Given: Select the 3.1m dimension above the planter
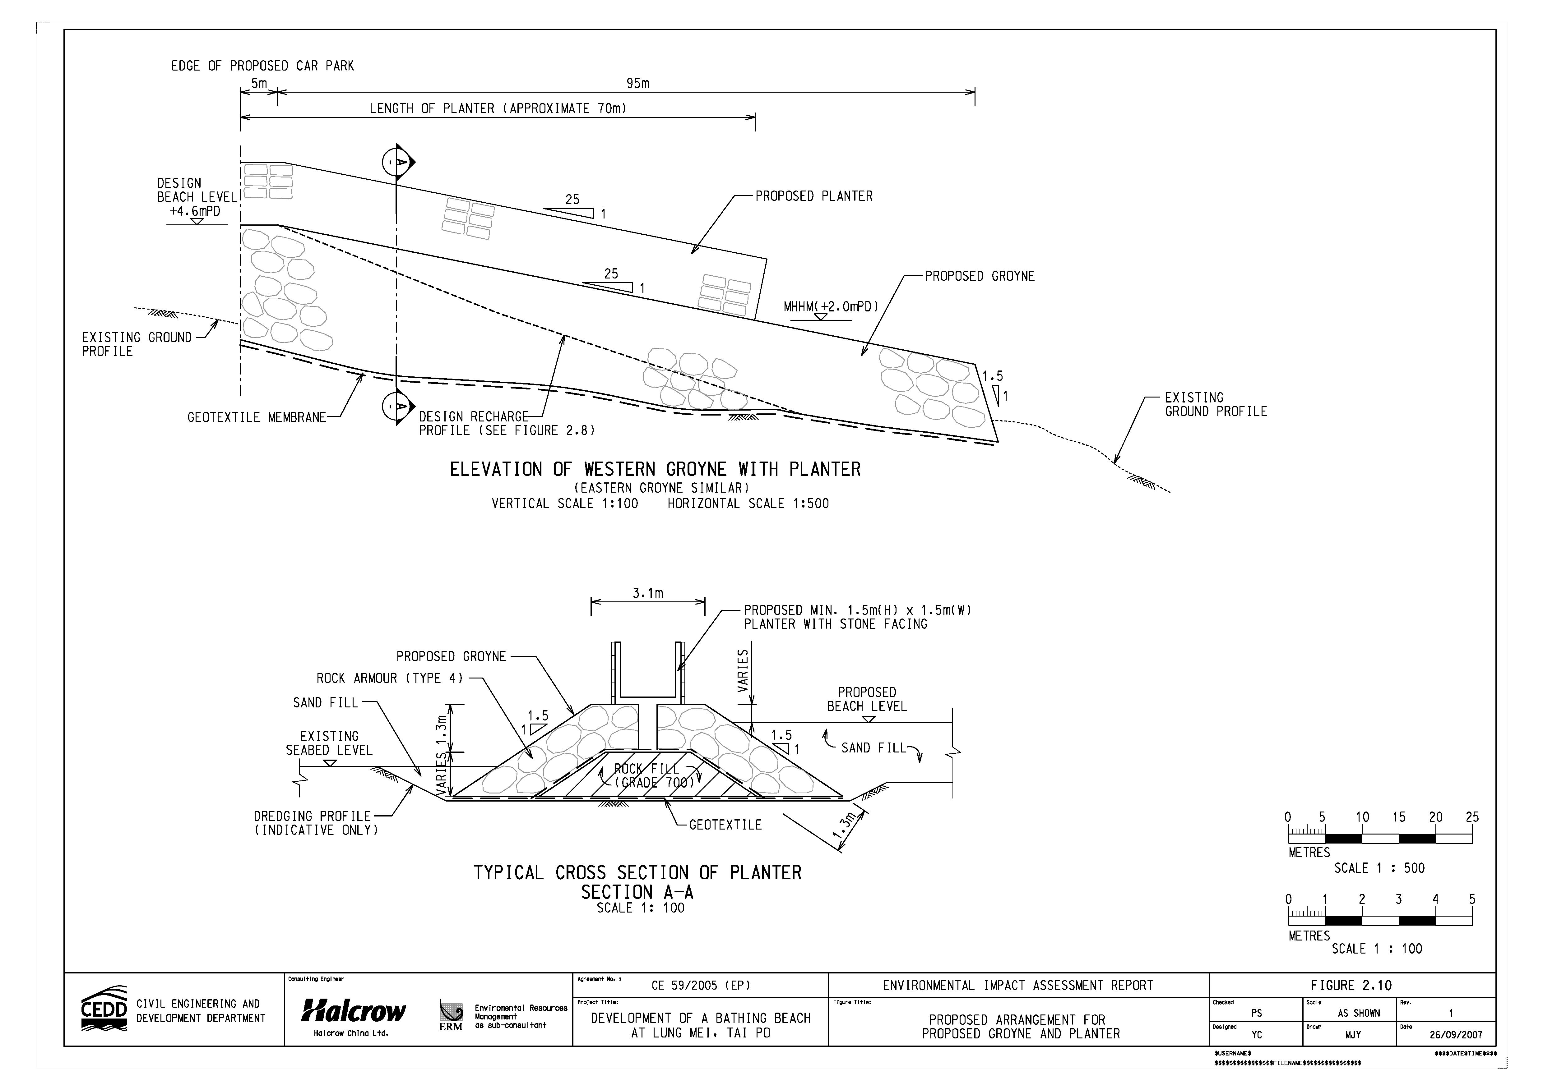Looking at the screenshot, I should (x=647, y=593).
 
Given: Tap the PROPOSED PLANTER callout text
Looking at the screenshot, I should (x=814, y=196).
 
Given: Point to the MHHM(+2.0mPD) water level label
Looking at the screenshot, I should (x=831, y=307).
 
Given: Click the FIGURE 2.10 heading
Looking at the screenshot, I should (x=1351, y=985).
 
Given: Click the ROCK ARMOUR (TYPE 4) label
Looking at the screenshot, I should (x=390, y=678).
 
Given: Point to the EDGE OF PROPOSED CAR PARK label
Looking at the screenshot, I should (x=262, y=66).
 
